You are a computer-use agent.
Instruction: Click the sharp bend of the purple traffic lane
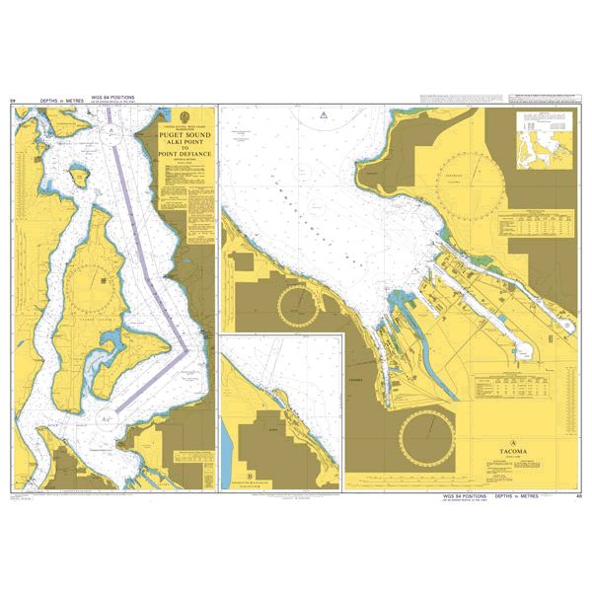point(190,347)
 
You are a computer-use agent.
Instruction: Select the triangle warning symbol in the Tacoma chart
point(322,116)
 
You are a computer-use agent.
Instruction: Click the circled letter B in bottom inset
point(251,475)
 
